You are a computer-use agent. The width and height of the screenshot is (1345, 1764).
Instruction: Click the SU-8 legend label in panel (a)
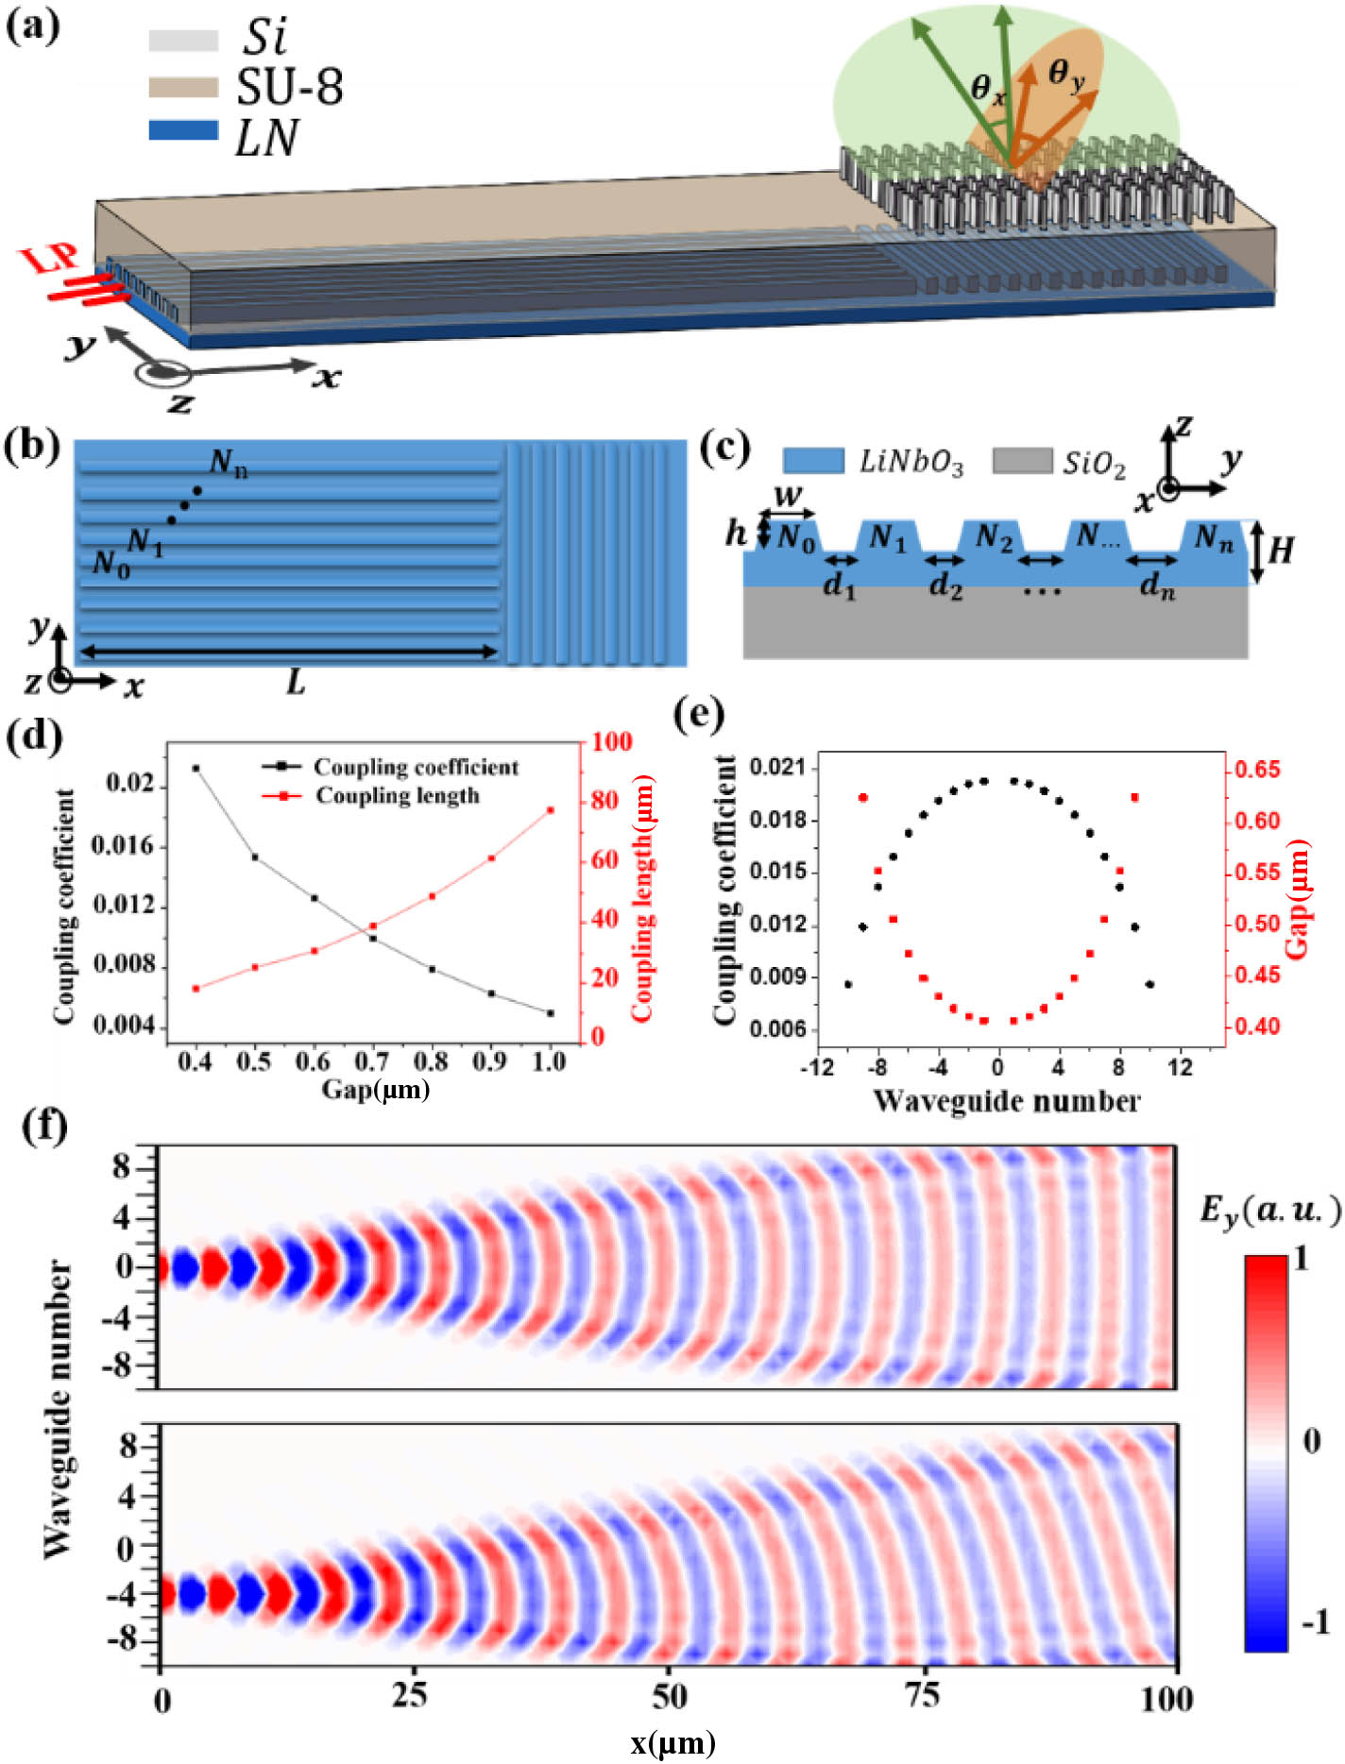point(289,87)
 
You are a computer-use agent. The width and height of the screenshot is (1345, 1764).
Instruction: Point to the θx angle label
point(988,90)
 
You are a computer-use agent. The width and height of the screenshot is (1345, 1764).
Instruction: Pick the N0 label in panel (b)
point(111,564)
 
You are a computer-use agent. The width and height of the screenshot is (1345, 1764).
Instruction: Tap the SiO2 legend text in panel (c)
point(1094,463)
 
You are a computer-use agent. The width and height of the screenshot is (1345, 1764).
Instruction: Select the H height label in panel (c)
point(1280,550)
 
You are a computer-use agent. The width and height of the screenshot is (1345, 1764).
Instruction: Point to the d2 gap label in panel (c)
point(945,585)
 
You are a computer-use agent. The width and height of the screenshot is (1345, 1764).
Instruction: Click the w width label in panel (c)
point(788,494)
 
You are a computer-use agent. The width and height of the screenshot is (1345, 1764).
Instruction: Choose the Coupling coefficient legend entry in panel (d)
point(416,767)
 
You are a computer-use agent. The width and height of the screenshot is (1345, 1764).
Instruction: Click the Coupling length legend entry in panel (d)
point(397,795)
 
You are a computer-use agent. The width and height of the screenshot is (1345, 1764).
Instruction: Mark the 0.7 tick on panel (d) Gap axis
point(371,1061)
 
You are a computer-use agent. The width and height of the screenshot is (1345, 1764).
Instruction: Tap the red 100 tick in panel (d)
point(611,741)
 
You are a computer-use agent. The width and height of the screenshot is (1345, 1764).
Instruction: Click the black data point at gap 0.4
point(196,769)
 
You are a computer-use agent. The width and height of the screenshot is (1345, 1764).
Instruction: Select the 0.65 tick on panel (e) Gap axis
point(1257,770)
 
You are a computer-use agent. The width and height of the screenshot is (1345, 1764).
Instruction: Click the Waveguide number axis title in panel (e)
point(1006,1101)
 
